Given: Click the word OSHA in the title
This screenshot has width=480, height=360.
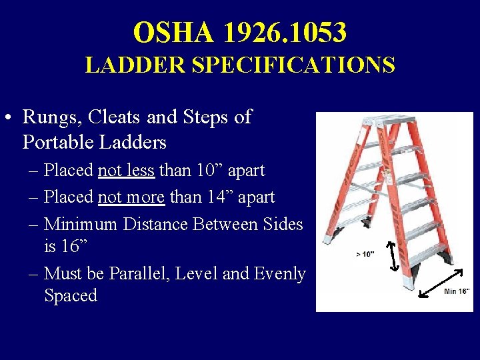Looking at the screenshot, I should pos(173,32).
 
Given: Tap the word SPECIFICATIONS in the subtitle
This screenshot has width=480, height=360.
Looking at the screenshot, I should pos(293,65).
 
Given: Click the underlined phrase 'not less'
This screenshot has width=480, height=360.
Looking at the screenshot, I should pos(126,171).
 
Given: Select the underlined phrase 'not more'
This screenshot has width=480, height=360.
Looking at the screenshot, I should pos(131,197).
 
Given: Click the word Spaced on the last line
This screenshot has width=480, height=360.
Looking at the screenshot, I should pos(71,295).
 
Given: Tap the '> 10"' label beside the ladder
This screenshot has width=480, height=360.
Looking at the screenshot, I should pos(365,254).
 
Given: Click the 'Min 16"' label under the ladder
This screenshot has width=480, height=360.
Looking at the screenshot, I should pos(457,291).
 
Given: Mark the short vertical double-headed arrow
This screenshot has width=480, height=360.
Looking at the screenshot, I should pos(393,256).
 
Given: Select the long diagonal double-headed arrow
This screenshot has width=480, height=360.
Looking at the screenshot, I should pos(440,281).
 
